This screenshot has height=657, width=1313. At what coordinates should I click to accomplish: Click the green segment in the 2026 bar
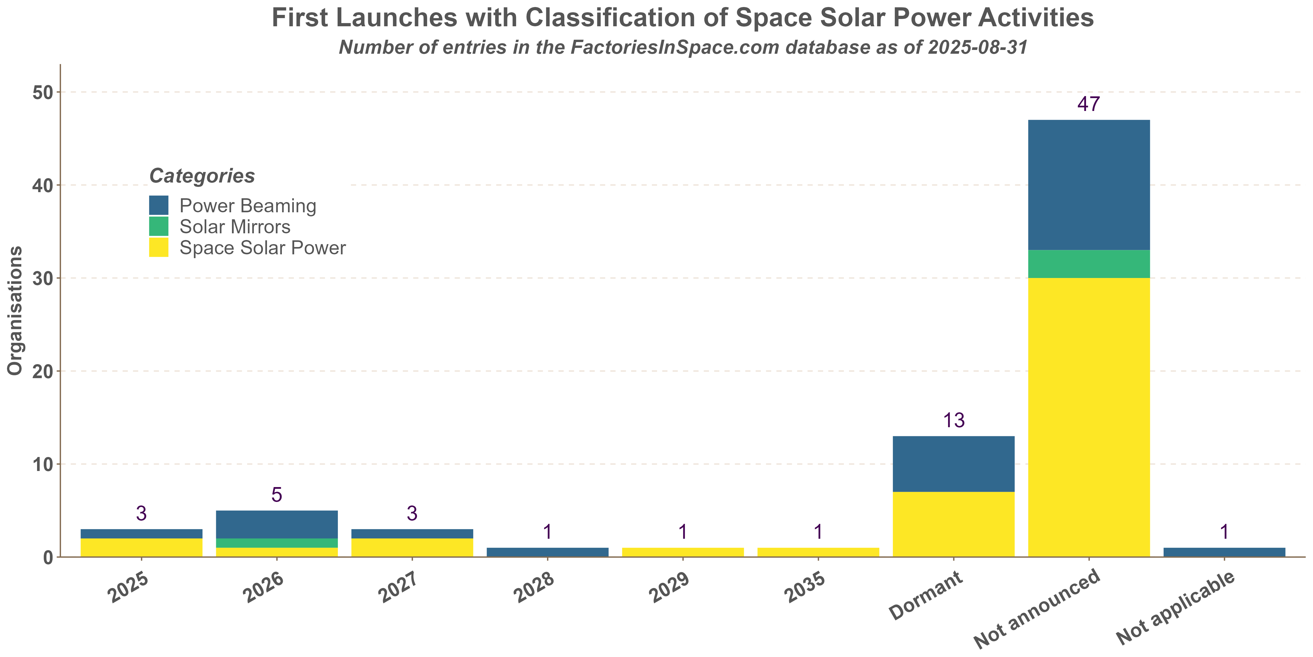[x=277, y=543]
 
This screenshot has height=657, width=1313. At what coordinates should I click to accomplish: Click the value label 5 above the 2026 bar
[x=277, y=495]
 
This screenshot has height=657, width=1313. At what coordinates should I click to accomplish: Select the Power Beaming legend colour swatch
[x=158, y=206]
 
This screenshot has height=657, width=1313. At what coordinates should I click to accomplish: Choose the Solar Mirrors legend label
[x=235, y=227]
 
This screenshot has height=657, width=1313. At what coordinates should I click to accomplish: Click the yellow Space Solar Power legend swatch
[x=158, y=247]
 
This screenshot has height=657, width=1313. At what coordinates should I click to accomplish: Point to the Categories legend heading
[x=202, y=176]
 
